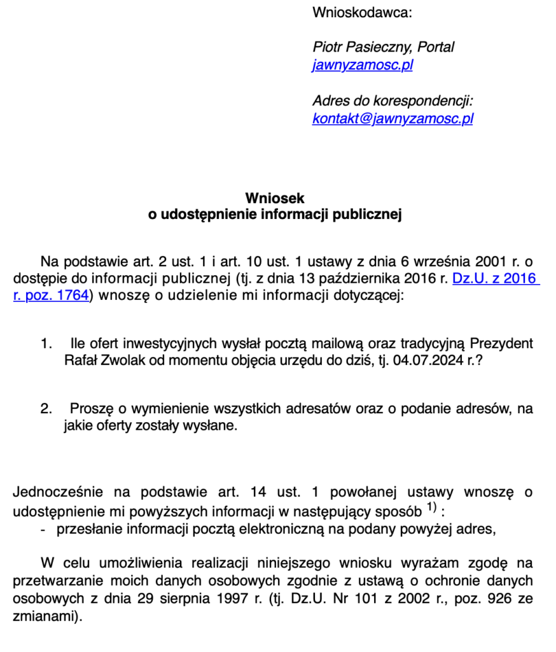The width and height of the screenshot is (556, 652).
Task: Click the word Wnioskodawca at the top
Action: (x=362, y=12)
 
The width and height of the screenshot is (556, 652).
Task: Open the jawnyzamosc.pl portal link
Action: (x=362, y=65)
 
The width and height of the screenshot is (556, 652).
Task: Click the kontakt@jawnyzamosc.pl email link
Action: (x=393, y=118)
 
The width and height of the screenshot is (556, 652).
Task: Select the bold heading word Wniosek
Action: (x=275, y=199)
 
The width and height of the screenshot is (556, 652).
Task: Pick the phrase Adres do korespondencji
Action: (x=393, y=101)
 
